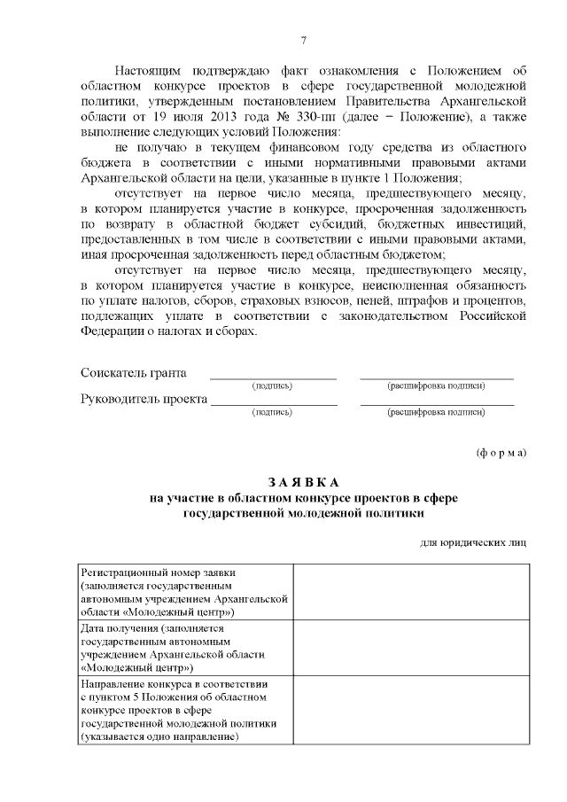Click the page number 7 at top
[x=304, y=40]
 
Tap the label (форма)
[x=501, y=452]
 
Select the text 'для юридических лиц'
[x=473, y=542]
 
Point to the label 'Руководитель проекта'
[x=144, y=399]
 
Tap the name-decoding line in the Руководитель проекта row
[x=436, y=404]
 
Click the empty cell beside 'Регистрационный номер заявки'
[x=409, y=591]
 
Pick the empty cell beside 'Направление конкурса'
[x=409, y=711]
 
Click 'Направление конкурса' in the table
[x=136, y=684]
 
